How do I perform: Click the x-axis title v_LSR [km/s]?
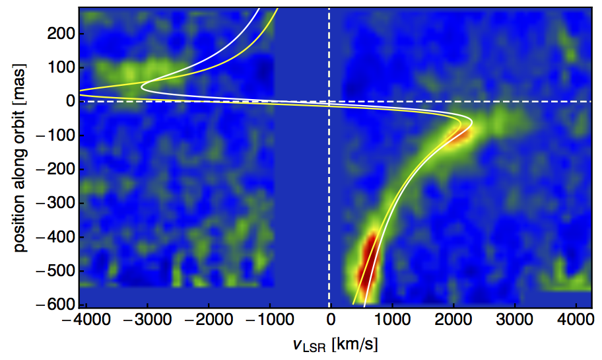pyautogui.click(x=331, y=344)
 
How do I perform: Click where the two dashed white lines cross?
pyautogui.click(x=329, y=102)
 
